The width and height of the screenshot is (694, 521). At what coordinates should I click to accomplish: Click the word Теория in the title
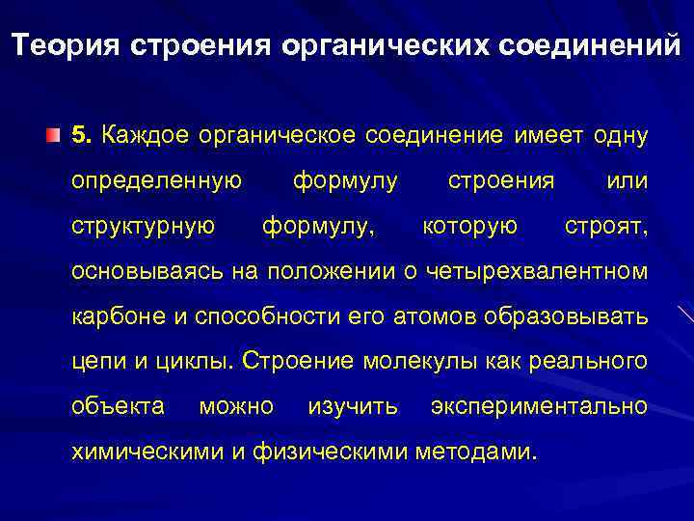pyautogui.click(x=67, y=45)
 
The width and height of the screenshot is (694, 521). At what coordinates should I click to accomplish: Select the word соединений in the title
pyautogui.click(x=590, y=45)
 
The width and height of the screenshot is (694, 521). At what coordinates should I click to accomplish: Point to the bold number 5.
pyautogui.click(x=82, y=135)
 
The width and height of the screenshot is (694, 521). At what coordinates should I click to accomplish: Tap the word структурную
pyautogui.click(x=144, y=226)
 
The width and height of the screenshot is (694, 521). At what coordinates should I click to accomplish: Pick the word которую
pyautogui.click(x=470, y=226)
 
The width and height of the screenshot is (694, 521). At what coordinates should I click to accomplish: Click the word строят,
pyautogui.click(x=605, y=226)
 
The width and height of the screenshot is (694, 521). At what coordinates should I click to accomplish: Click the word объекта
pyautogui.click(x=118, y=406)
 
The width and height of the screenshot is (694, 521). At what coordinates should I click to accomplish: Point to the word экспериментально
pyautogui.click(x=539, y=406)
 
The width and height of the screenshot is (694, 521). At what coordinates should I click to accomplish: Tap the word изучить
pyautogui.click(x=352, y=406)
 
